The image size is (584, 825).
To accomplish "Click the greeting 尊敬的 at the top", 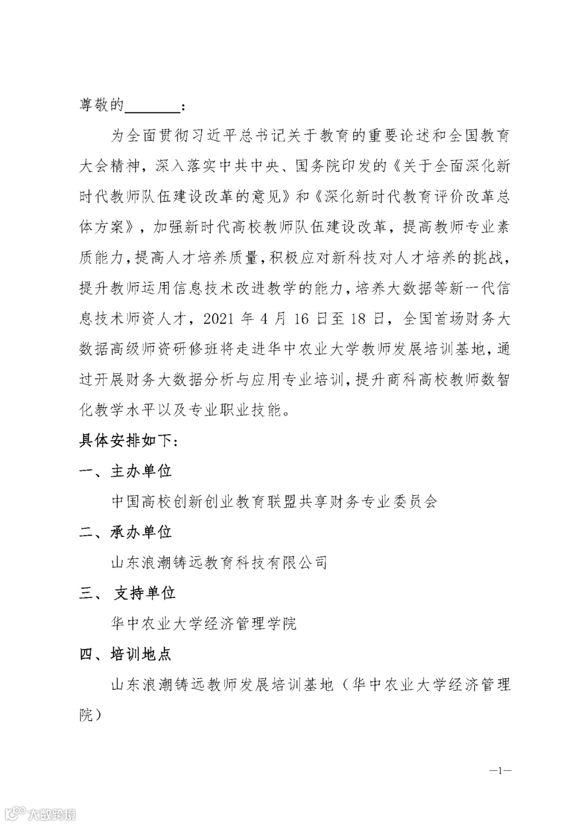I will (x=102, y=105).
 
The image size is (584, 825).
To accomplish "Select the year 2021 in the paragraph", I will (x=220, y=319).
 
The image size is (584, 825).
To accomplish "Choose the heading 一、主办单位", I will (x=125, y=471).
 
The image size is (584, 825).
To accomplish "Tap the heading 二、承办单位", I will (x=125, y=532).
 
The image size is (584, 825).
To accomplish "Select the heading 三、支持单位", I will (x=128, y=593).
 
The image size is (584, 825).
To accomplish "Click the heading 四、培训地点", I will (x=125, y=654).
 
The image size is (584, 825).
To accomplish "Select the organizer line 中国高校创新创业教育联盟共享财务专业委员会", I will (x=274, y=502).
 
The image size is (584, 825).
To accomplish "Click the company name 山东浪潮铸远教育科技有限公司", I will (x=219, y=563).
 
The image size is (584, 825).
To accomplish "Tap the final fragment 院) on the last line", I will (x=90, y=716).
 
